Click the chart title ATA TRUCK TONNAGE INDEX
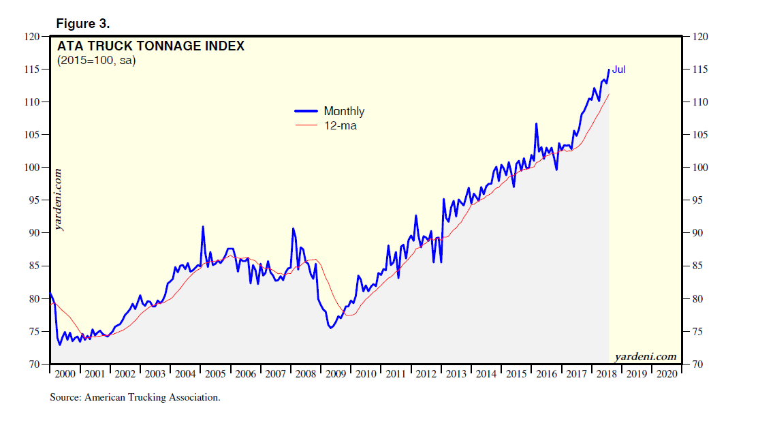pyautogui.click(x=151, y=47)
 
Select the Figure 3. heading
pyautogui.click(x=82, y=24)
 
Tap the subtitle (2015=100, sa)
pyautogui.click(x=96, y=62)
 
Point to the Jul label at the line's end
pyautogui.click(x=619, y=69)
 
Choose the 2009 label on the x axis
pyautogui.click(x=336, y=374)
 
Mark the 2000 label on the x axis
pyautogui.click(x=65, y=374)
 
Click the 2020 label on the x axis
pyautogui.click(x=667, y=374)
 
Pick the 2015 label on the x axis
pyautogui.click(x=516, y=374)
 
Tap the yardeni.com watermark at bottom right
pyautogui.click(x=645, y=356)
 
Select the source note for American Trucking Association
pyautogui.click(x=135, y=397)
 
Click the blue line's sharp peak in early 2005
pyautogui.click(x=203, y=226)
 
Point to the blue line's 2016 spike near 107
pyautogui.click(x=537, y=124)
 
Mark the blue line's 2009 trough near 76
pyautogui.click(x=330, y=328)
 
